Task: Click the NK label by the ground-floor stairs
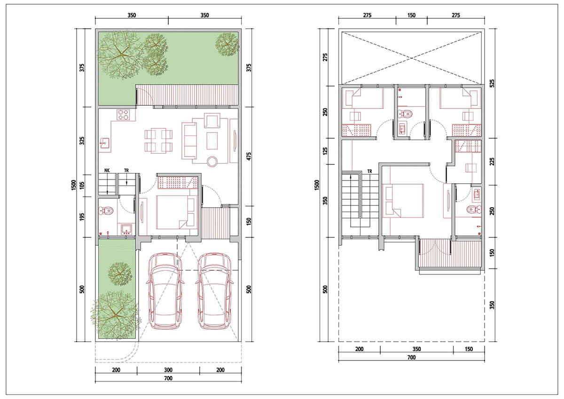(107, 171)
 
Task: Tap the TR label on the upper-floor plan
(369, 172)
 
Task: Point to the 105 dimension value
(82, 186)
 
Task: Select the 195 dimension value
(82, 217)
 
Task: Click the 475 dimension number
(249, 156)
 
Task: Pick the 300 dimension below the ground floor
(168, 370)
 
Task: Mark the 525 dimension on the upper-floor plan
(492, 83)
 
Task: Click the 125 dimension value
(326, 151)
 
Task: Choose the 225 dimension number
(492, 161)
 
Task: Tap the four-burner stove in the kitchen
(123, 115)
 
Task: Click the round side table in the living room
(212, 161)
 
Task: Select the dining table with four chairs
(158, 141)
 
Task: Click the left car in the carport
(165, 291)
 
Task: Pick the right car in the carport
(214, 291)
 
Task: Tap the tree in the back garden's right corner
(227, 45)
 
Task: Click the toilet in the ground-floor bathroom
(106, 211)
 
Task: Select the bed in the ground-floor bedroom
(175, 212)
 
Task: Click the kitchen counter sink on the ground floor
(104, 143)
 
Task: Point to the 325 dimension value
(82, 141)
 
